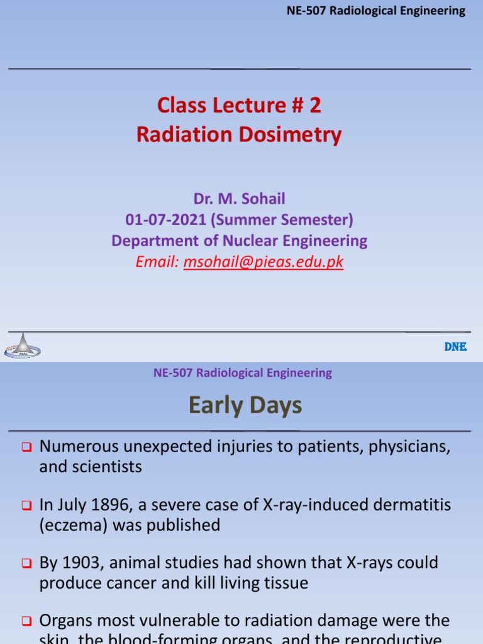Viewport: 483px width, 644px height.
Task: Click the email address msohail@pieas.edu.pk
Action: point(264,262)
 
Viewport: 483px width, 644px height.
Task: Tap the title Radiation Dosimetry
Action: point(239,135)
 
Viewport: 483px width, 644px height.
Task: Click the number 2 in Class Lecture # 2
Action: point(314,105)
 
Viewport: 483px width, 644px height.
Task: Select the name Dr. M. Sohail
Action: point(239,199)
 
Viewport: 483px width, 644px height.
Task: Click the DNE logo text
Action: point(455,347)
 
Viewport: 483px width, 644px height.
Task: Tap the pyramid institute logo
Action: point(23,345)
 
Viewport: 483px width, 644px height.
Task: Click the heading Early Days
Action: point(245,406)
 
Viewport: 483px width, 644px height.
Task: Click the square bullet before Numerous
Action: point(26,448)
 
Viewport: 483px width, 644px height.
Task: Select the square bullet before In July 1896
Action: point(26,506)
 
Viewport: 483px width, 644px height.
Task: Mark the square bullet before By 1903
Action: point(26,563)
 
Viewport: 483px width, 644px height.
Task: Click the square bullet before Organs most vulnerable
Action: point(26,621)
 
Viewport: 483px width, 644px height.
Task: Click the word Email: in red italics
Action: point(157,262)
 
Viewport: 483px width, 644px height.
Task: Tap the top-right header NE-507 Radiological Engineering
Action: point(375,11)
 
